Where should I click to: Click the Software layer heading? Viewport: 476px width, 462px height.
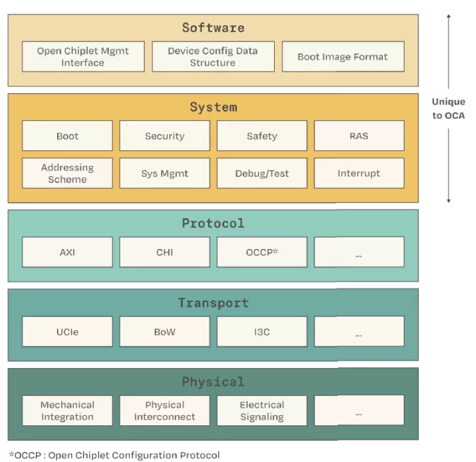click(x=213, y=28)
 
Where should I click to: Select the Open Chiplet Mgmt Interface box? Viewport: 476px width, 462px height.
click(x=83, y=56)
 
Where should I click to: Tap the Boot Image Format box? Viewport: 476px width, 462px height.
click(x=343, y=56)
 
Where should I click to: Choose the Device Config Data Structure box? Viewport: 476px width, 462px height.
click(x=213, y=56)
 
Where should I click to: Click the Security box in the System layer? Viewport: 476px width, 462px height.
click(x=165, y=135)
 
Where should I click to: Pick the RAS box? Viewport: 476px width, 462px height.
click(x=359, y=135)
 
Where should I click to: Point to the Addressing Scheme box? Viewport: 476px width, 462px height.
click(x=67, y=173)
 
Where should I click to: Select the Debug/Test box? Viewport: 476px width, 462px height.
click(x=262, y=173)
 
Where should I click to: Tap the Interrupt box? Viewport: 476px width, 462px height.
click(x=359, y=173)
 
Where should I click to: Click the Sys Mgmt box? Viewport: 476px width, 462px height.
click(x=165, y=173)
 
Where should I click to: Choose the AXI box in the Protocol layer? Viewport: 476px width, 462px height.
click(x=67, y=252)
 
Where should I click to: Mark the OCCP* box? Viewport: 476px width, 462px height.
click(x=262, y=252)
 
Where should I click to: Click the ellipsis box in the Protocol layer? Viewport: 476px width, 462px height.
click(x=359, y=252)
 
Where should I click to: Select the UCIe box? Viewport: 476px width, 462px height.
click(x=67, y=331)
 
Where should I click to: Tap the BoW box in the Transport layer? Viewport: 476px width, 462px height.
click(x=165, y=331)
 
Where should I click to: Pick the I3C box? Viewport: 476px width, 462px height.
click(x=262, y=331)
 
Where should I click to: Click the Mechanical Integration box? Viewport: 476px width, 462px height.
click(x=67, y=410)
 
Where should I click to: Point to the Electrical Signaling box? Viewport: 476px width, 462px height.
click(x=262, y=410)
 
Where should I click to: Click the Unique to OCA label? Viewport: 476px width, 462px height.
click(x=449, y=108)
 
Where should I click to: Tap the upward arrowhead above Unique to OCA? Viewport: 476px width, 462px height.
click(x=449, y=17)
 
